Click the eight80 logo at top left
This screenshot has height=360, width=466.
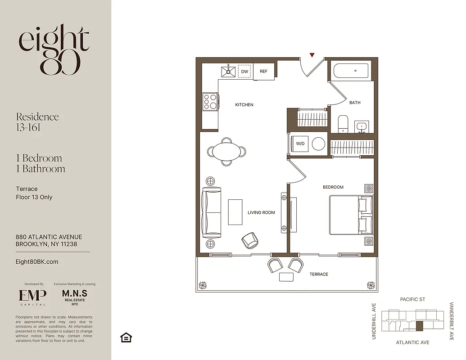(x=54, y=50)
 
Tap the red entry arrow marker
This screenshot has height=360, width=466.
(x=312, y=55)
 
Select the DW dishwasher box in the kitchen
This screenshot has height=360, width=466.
(x=244, y=72)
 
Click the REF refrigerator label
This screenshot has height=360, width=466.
(x=263, y=72)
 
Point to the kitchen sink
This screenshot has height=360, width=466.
(x=228, y=72)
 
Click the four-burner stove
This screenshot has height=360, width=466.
(x=210, y=102)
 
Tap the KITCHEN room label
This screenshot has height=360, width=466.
(x=244, y=105)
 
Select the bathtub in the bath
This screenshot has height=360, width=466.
(x=351, y=71)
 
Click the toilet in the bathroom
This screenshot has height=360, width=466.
(x=343, y=124)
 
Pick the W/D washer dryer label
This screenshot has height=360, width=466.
(x=300, y=144)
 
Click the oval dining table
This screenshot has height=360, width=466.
(x=227, y=151)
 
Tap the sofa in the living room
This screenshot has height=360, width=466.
(x=212, y=213)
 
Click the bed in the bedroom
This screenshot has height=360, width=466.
(x=350, y=215)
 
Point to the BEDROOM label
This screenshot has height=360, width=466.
(x=333, y=187)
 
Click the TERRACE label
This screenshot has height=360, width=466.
(x=318, y=274)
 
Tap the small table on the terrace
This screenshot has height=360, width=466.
(x=286, y=277)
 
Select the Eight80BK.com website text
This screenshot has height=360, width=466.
(x=37, y=261)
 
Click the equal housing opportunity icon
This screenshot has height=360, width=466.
(x=126, y=337)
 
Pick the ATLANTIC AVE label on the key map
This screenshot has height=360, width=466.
(x=412, y=342)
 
